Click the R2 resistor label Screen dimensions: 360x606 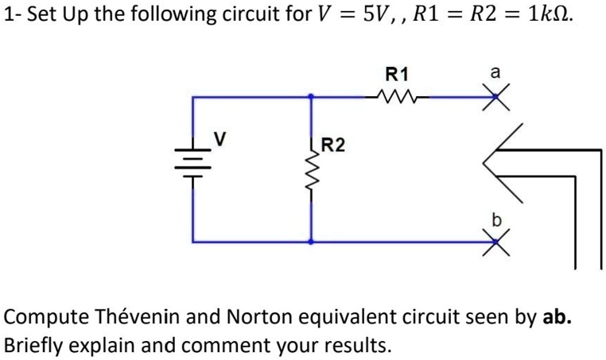click(333, 145)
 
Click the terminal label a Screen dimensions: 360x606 click(494, 73)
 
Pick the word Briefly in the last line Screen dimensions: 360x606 click(33, 346)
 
